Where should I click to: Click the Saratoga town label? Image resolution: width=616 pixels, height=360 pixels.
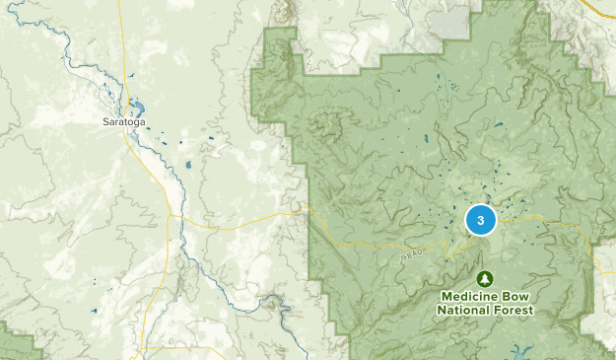click(x=121, y=122)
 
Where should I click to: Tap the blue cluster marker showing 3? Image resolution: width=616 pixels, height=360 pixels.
click(x=480, y=220)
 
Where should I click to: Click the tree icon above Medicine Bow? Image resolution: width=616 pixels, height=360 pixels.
click(x=485, y=280)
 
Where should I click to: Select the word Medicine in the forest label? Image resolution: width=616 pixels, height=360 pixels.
click(x=469, y=296)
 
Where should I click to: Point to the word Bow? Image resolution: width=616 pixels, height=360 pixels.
click(x=516, y=296)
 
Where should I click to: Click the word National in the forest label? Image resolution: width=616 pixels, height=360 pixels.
click(x=466, y=310)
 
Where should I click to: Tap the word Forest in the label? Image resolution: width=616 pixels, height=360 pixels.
click(x=513, y=310)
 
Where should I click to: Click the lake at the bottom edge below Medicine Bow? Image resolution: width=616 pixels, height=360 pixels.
click(x=521, y=351)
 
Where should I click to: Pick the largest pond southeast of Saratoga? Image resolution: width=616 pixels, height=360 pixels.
click(x=186, y=165)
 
